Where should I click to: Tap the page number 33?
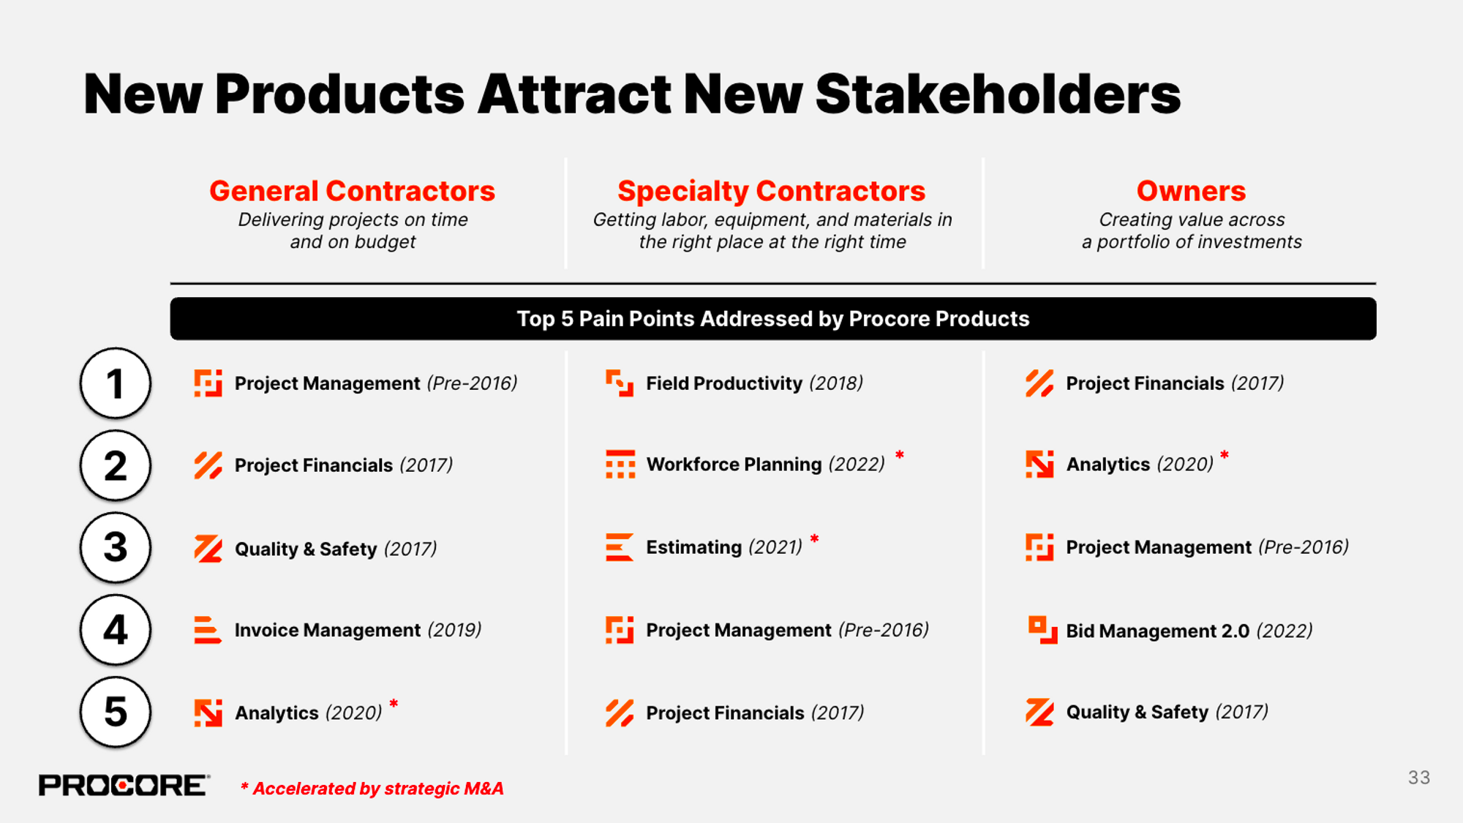click(1418, 778)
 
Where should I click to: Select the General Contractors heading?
click(352, 191)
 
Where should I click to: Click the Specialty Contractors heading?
click(771, 191)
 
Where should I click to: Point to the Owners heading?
click(1190, 191)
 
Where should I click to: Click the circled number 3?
click(116, 547)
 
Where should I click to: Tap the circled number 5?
click(116, 712)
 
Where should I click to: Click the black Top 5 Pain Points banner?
click(772, 319)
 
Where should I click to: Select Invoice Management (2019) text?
click(358, 630)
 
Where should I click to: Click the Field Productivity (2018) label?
click(754, 383)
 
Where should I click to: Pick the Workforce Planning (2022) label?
click(765, 465)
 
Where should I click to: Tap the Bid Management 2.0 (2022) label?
click(1189, 631)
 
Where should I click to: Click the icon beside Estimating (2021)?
click(619, 547)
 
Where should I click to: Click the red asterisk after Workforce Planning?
click(899, 455)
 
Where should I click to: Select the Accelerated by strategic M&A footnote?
click(372, 789)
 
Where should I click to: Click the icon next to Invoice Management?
click(207, 630)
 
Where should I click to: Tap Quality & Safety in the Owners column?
click(1167, 712)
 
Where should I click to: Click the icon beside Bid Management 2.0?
click(1042, 630)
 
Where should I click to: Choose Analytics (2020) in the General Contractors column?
click(308, 713)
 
